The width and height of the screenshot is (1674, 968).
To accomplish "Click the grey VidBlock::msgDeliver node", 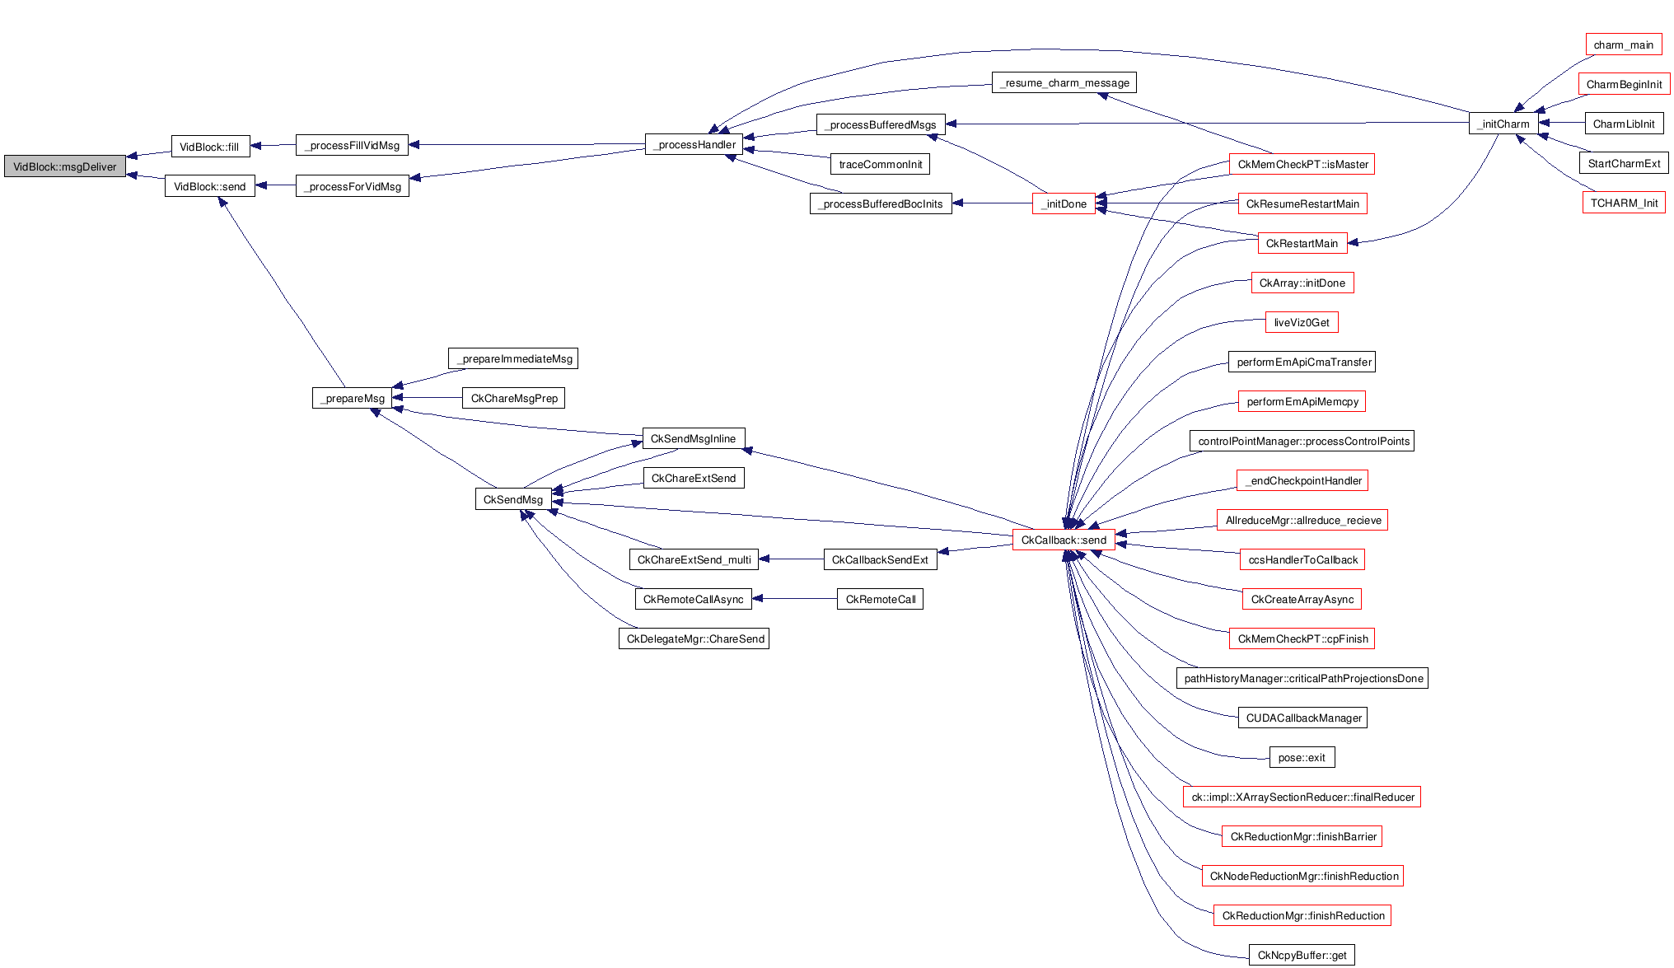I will (x=65, y=166).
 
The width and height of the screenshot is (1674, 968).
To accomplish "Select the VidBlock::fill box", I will (x=210, y=147).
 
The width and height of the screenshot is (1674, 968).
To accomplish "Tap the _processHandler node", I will (x=694, y=145).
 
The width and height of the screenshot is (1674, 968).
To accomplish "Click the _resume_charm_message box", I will (x=1064, y=82).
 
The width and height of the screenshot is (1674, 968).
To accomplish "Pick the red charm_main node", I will (x=1623, y=44).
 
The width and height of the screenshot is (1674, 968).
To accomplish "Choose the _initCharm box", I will (x=1503, y=124).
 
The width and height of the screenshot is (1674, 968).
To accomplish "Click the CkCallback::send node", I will (x=1064, y=540).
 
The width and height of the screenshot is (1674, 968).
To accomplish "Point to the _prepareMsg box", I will (x=353, y=398).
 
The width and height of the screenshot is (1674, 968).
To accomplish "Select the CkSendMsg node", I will (x=513, y=499).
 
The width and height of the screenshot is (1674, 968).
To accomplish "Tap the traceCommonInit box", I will (x=880, y=164).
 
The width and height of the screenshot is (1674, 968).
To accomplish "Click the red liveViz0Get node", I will (x=1302, y=322).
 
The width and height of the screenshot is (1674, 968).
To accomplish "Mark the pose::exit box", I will (x=1302, y=757).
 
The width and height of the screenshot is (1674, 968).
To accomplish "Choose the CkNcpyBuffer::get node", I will (x=1302, y=955).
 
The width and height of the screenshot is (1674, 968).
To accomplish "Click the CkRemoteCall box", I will (x=880, y=599).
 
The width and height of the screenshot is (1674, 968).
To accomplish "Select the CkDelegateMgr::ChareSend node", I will (x=694, y=638).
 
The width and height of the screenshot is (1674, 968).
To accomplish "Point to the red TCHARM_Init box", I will (x=1624, y=203).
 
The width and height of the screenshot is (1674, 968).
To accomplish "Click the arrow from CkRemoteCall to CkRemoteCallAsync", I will (x=794, y=599).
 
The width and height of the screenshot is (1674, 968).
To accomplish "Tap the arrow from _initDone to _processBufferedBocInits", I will (x=992, y=203).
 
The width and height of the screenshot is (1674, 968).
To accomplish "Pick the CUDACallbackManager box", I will (x=1302, y=718).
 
